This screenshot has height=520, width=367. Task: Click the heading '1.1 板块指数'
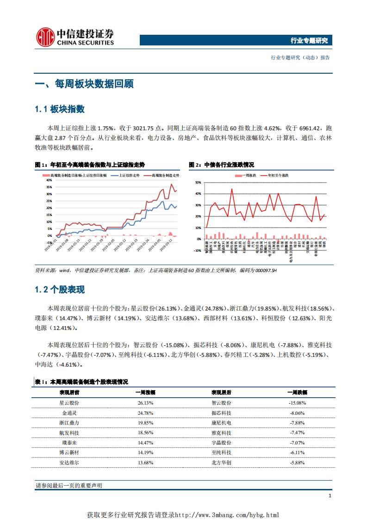click(x=60, y=109)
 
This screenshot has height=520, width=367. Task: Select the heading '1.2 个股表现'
click(x=60, y=290)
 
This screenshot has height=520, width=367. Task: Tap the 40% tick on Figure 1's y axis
click(x=49, y=180)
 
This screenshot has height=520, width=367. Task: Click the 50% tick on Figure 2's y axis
click(x=198, y=183)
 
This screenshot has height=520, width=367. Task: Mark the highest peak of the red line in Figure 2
click(x=232, y=189)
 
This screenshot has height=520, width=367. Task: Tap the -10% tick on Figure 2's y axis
click(x=197, y=251)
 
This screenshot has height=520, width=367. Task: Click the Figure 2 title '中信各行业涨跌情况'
click(x=229, y=165)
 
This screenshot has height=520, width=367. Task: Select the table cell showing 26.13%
click(x=145, y=403)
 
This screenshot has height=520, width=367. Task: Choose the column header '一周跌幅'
click(x=297, y=392)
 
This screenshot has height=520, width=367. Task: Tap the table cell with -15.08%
click(x=297, y=403)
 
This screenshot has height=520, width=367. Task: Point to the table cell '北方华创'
click(x=221, y=463)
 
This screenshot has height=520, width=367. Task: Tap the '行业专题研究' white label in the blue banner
click(x=309, y=41)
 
